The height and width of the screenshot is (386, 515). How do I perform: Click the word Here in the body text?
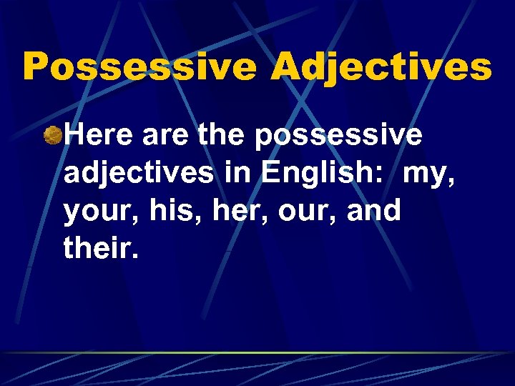[x=97, y=134]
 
